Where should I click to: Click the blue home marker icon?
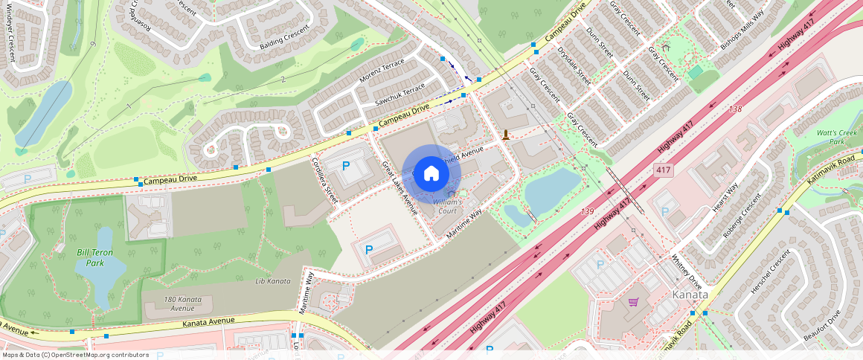click(431, 174)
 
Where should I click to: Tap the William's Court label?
click(449, 205)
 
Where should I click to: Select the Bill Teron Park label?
click(90, 257)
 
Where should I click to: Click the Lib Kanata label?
click(272, 280)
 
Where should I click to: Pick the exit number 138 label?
click(735, 109)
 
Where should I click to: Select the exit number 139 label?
click(588, 212)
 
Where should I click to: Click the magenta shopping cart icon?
click(633, 302)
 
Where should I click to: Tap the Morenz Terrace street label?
click(382, 71)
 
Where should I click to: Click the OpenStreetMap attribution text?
click(75, 355)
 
